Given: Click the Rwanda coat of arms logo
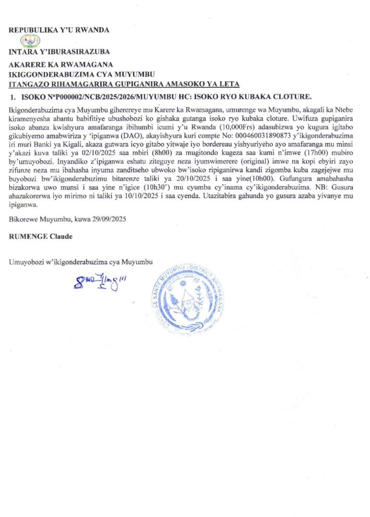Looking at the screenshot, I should click(x=33, y=40).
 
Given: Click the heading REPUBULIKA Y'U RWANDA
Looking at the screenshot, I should click(x=59, y=30).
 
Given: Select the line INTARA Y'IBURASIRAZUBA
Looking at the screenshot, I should click(x=59, y=51).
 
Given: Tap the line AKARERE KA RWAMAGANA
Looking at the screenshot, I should click(x=61, y=65).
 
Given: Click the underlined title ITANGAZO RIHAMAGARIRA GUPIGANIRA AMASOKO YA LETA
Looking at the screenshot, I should click(x=125, y=84).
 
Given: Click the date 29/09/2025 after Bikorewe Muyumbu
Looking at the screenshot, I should click(x=108, y=220).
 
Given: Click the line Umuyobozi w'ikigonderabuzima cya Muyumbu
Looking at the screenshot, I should click(x=81, y=262).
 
